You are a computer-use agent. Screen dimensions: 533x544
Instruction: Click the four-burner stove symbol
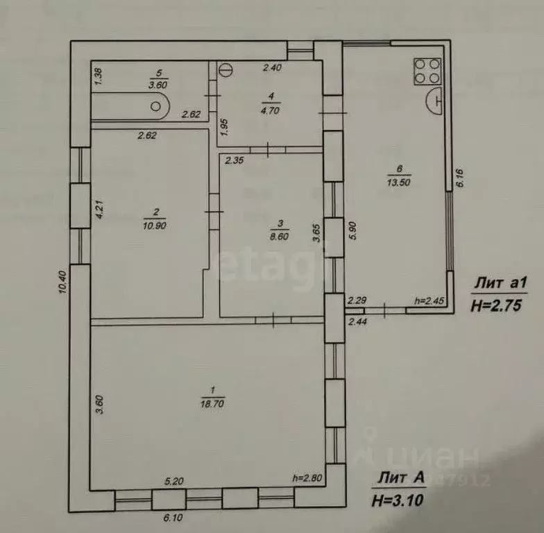click(x=427, y=69)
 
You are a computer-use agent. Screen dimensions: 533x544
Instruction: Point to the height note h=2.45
click(x=429, y=300)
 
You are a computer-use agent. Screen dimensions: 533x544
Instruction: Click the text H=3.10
click(x=398, y=498)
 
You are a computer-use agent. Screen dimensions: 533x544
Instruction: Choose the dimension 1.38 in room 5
click(x=98, y=74)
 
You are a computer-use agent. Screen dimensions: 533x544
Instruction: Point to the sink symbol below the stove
click(x=435, y=99)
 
